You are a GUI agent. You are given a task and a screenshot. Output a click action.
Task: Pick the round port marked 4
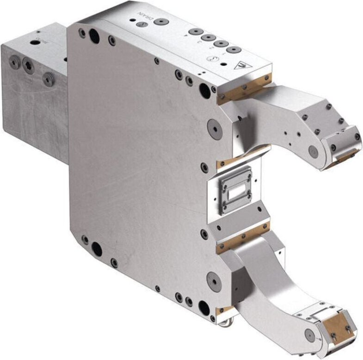[x=196, y=31]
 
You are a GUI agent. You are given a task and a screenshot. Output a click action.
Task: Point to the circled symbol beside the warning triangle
[x=214, y=59]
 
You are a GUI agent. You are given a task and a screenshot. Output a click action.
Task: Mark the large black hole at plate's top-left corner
[x=94, y=35]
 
